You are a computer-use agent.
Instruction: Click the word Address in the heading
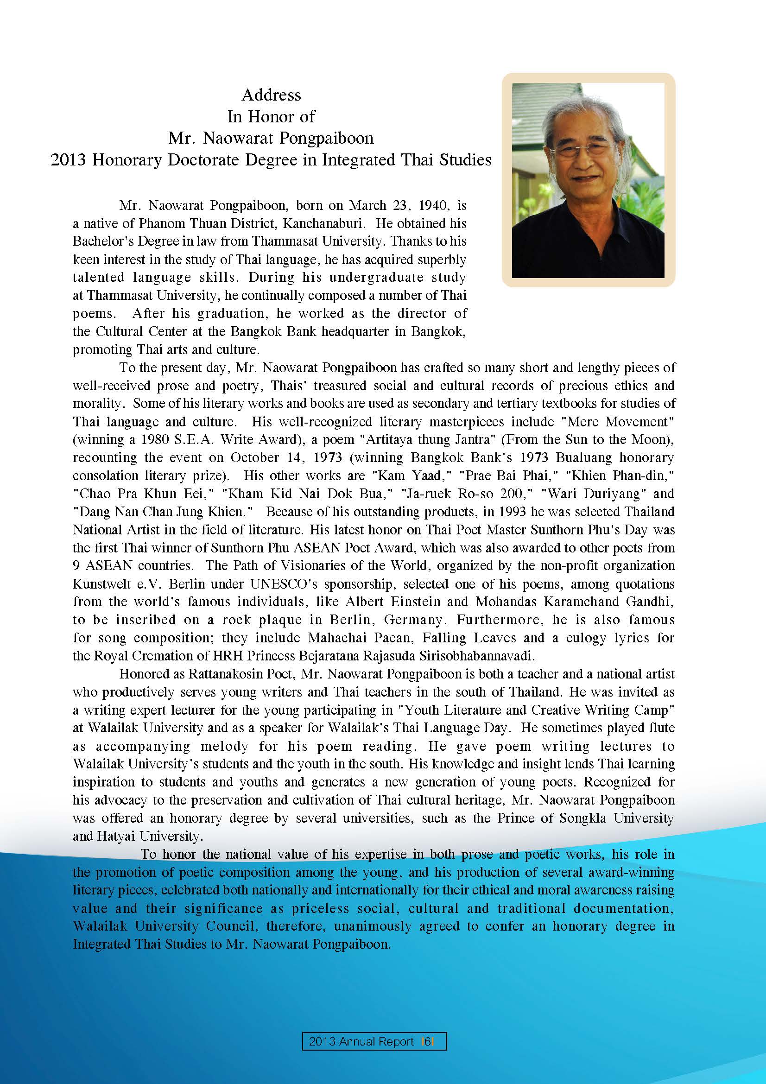[271, 95]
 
